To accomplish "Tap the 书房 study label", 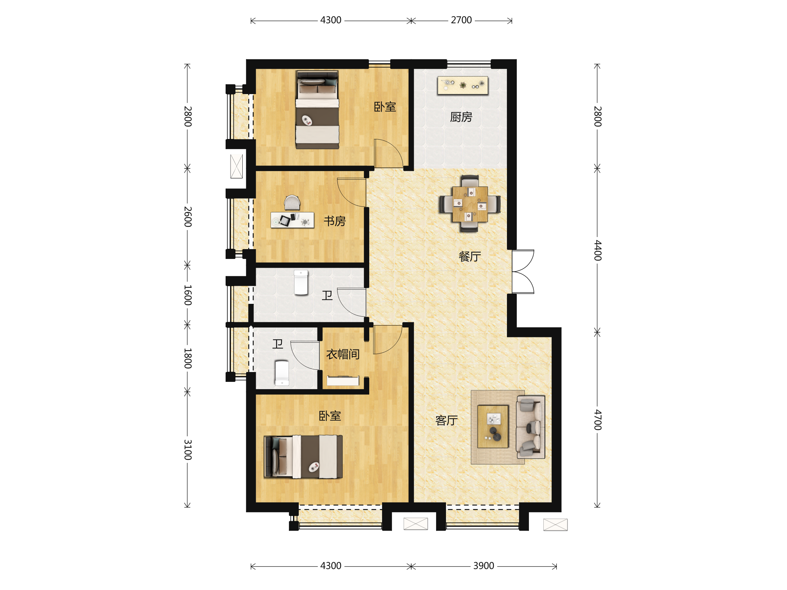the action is coord(334,221).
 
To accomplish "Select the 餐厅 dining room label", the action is coord(470,256).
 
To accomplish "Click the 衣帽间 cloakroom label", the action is coord(343,354).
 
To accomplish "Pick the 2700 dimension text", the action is coord(461,20).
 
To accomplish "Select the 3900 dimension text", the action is coord(484,566).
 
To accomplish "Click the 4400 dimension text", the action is coord(598,250).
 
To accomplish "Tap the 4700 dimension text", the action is coord(598,420).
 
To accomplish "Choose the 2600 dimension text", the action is coord(188,217).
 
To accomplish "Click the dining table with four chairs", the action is coord(470,204).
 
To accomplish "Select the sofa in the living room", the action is coord(531,427).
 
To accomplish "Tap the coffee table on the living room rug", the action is coord(493,426).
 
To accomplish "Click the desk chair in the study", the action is coord(292,202).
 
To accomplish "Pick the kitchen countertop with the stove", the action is coord(463,85).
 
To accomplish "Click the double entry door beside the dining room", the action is coord(523,272).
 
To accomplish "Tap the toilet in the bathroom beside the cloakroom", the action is coord(282,373).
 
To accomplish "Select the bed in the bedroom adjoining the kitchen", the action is coord(317,109).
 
